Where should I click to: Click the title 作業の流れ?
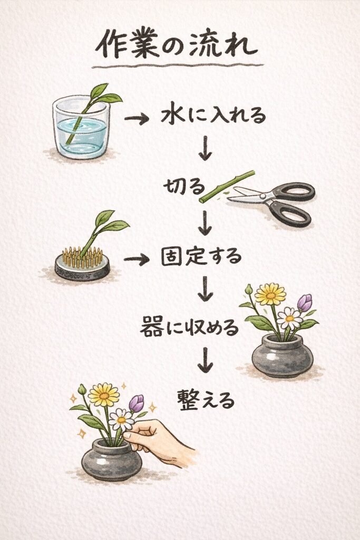tap(176, 45)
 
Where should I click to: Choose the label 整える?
tap(205, 399)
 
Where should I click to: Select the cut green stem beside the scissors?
tap(227, 186)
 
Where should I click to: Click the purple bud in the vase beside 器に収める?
tap(305, 303)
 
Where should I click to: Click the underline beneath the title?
tap(177, 66)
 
